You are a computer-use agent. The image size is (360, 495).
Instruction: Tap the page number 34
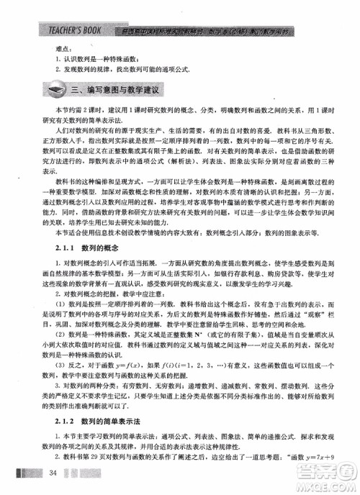pyautogui.click(x=53, y=472)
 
